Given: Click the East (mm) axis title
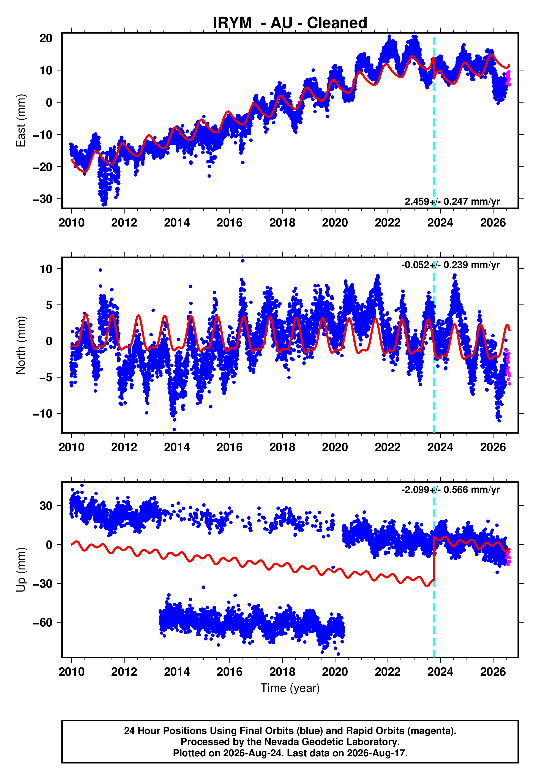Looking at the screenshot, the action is click(21, 121).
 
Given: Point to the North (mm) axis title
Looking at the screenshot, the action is click(21, 345).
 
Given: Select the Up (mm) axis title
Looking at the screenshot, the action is click(21, 570).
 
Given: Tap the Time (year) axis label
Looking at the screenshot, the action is click(290, 688).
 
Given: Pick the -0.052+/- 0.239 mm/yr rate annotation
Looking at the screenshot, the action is click(450, 265).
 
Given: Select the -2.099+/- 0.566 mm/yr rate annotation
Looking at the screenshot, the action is click(450, 490).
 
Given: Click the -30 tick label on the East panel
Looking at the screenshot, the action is click(43, 199).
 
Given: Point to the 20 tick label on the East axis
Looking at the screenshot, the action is click(46, 38).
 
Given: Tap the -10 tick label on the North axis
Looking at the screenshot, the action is click(43, 413).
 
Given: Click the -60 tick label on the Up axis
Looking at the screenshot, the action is click(43, 622).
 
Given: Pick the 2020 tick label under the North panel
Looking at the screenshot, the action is click(335, 447).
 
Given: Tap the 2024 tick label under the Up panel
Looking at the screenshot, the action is click(440, 672).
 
